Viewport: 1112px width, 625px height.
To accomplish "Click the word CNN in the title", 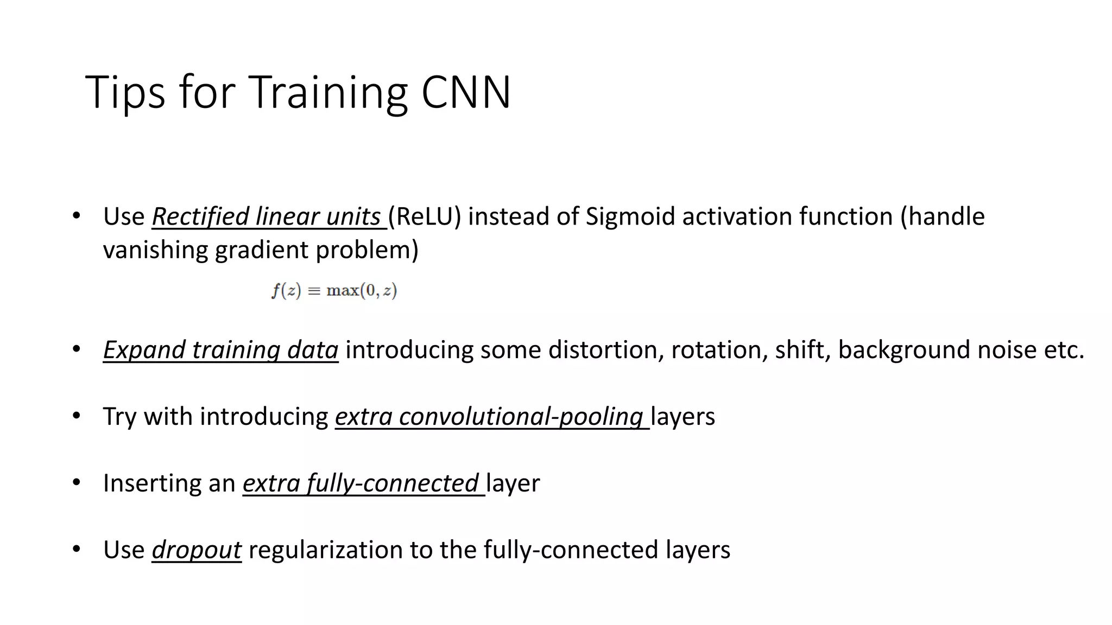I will coord(466,92).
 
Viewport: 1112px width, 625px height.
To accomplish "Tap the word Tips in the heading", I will coord(125,93).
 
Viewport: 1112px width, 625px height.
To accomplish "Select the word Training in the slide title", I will coord(327,93).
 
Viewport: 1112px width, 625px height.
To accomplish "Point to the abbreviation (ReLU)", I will coord(425,216).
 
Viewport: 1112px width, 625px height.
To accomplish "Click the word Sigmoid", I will coord(630,216).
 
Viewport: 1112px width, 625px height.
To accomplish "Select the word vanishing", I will coord(155,250).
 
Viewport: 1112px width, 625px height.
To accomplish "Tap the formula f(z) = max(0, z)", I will coord(334,291).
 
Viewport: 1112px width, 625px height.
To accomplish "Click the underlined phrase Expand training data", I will coord(220,350).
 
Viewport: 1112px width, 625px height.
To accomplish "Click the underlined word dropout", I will coord(197,550).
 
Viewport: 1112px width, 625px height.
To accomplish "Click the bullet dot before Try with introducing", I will coord(76,416).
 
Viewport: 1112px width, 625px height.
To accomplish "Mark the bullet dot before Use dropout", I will coord(76,549).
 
